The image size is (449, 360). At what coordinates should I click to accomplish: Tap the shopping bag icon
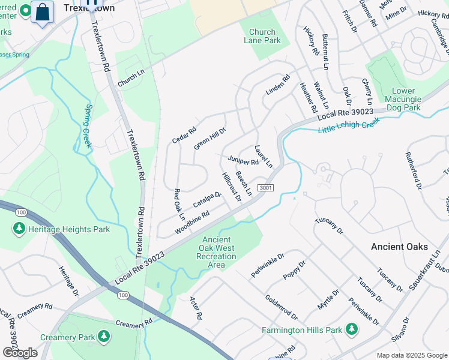click(x=43, y=12)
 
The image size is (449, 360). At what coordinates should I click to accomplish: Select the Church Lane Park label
click(x=262, y=37)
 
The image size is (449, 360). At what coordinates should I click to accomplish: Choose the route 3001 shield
click(x=266, y=188)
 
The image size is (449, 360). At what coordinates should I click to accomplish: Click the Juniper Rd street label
click(x=243, y=161)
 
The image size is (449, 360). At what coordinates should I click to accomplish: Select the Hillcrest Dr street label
click(x=231, y=186)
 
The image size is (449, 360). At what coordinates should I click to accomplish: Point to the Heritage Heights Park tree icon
click(x=19, y=229)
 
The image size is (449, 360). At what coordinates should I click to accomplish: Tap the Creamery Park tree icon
click(x=104, y=336)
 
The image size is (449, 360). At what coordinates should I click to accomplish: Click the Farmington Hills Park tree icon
click(x=351, y=329)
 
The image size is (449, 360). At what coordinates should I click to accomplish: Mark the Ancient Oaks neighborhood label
click(x=399, y=247)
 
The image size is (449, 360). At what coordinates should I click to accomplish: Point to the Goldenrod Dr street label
click(x=281, y=307)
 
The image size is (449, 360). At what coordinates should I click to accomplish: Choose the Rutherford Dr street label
click(x=414, y=170)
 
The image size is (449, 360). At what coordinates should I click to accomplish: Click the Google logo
click(x=20, y=353)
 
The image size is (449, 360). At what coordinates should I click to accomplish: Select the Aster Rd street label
click(x=196, y=307)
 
